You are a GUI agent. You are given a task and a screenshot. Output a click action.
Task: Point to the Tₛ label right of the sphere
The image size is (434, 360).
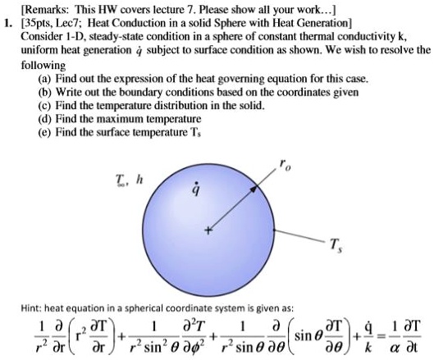(331, 243)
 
